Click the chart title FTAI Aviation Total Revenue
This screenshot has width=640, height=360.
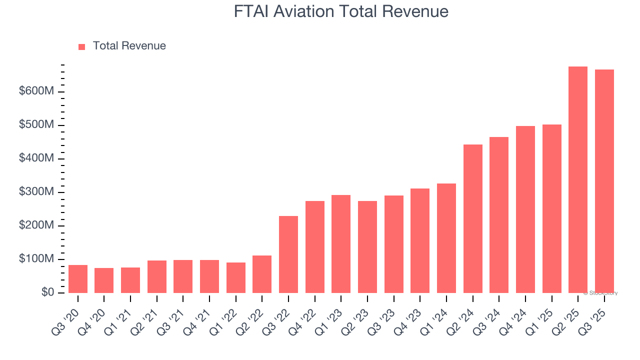coord(341,11)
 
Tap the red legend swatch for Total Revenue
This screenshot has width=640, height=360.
coord(82,46)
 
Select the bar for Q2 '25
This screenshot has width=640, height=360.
coord(578,180)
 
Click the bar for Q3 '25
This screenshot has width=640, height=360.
coord(604,181)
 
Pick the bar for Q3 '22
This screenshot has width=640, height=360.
coord(288,254)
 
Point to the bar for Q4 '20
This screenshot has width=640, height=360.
coord(104,280)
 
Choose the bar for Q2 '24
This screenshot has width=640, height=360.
coord(473,219)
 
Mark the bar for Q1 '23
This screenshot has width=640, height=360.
coord(341,244)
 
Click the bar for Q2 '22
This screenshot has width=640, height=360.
coord(262,274)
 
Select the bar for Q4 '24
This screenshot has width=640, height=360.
coord(525,209)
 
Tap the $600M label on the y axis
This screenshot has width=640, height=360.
coord(35,91)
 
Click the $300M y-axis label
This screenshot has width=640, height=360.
coord(35,192)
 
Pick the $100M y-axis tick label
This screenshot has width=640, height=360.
coord(35,259)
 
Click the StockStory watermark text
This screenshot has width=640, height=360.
coord(600,293)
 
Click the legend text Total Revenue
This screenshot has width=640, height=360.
coord(129,46)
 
